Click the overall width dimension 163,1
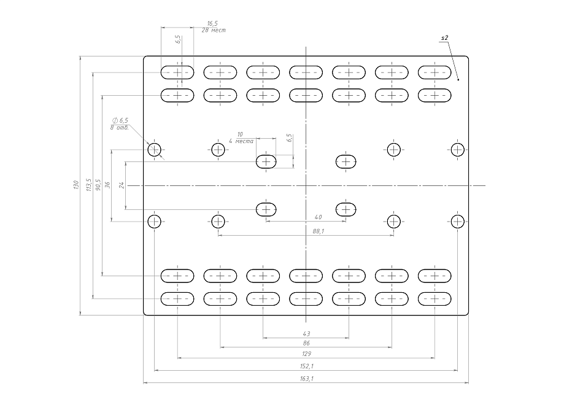(306, 379)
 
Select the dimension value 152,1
(306, 366)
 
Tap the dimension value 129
(306, 354)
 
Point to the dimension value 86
(306, 343)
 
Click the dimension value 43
(306, 333)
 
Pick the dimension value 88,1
(319, 231)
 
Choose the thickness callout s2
(444, 38)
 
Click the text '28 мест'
(214, 30)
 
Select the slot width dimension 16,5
(212, 23)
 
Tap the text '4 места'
(241, 141)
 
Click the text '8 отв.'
(119, 127)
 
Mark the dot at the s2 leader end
(458, 79)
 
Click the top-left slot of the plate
(177, 72)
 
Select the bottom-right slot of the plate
(435, 299)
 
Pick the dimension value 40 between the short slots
(318, 217)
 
